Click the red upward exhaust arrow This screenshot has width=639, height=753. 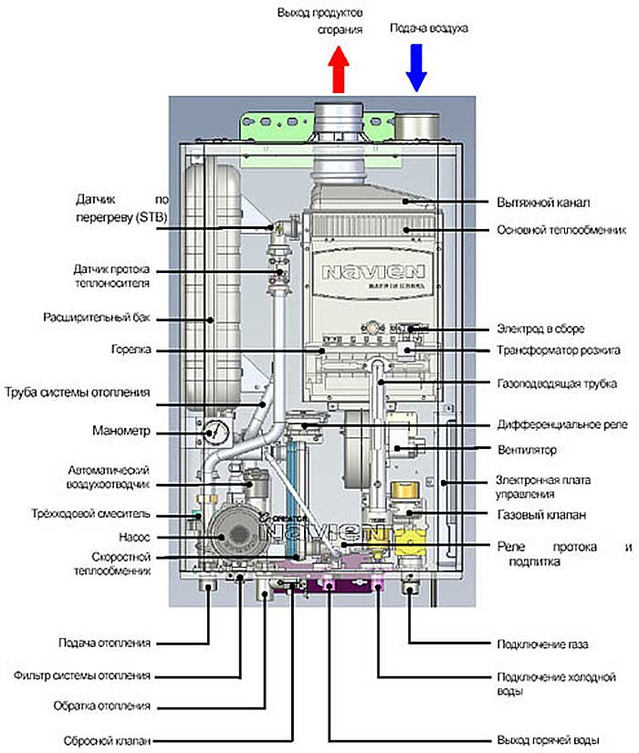[338, 69]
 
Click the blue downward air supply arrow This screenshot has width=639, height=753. [417, 69]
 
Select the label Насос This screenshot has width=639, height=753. [133, 538]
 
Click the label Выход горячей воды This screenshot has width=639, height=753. [546, 738]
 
